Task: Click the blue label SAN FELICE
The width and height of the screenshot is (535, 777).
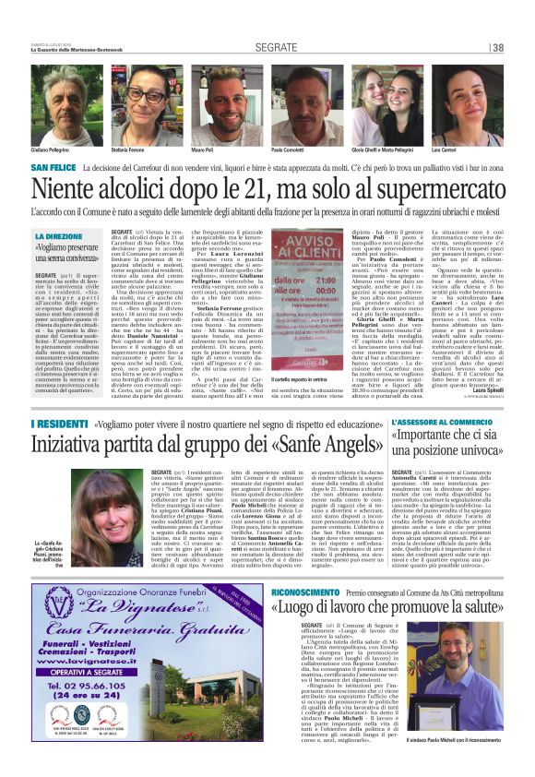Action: click(79, 168)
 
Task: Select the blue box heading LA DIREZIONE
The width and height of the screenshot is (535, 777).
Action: click(58, 236)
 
